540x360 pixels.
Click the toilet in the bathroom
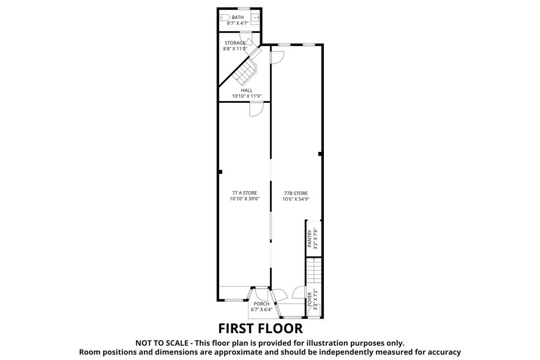(x=225, y=18)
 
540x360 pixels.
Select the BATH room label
(x=238, y=17)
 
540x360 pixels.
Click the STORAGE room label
(x=234, y=43)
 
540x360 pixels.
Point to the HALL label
(x=246, y=90)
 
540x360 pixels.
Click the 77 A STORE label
(x=244, y=193)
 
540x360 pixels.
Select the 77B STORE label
(x=296, y=193)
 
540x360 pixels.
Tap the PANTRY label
(x=310, y=238)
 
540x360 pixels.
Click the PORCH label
(x=261, y=304)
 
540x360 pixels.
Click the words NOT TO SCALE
(x=163, y=343)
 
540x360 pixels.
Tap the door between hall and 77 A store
(x=256, y=109)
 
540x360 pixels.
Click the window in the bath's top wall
(x=242, y=8)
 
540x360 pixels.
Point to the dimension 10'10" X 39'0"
(x=244, y=199)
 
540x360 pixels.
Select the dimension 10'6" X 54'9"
(x=296, y=199)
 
